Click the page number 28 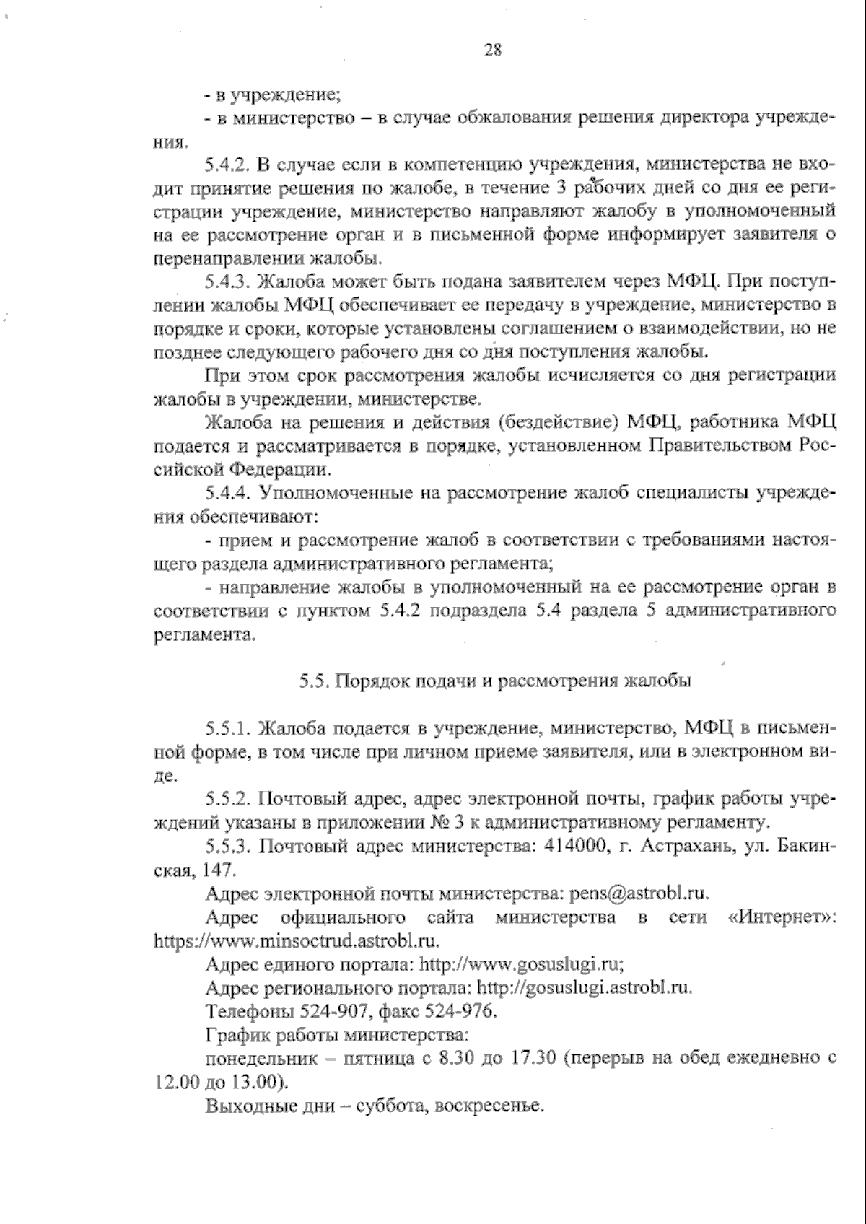click(x=493, y=51)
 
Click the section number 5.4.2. click(x=227, y=165)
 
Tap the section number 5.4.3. click(x=227, y=282)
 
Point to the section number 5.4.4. click(x=227, y=494)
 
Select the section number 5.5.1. click(x=227, y=727)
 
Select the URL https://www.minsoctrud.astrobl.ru click(x=297, y=941)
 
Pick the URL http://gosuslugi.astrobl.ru click(x=585, y=988)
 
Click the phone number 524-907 click(x=309, y=1011)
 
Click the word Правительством click(x=722, y=446)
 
